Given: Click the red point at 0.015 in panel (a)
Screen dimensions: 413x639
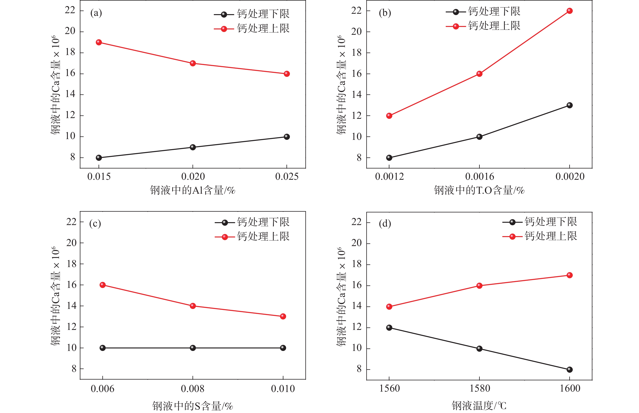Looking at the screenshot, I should (x=99, y=42).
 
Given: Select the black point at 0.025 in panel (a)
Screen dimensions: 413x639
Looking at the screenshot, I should (x=286, y=137).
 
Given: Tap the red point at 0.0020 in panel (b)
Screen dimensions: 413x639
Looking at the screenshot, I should (x=569, y=11).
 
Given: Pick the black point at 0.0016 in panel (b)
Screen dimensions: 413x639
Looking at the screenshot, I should (x=479, y=137).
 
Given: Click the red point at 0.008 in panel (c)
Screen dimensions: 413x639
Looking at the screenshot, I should (x=193, y=306).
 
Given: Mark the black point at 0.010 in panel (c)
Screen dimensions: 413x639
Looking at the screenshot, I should (x=283, y=348).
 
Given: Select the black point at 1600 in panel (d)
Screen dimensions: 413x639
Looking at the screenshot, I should (x=569, y=370).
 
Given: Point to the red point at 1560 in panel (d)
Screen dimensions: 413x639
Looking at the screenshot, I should (x=389, y=307).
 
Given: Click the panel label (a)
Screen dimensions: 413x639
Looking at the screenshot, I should (x=96, y=13).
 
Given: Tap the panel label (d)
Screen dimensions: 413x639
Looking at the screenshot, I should (x=385, y=223).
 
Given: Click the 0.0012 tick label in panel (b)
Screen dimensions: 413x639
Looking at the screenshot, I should (x=389, y=177).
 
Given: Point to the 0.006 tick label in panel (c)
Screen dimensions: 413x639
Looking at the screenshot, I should (x=102, y=389).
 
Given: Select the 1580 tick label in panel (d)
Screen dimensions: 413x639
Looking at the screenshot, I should (x=480, y=388).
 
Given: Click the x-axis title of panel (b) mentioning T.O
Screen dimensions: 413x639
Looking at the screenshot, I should (x=479, y=190).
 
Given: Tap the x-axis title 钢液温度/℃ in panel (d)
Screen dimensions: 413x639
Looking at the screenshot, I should (x=479, y=406).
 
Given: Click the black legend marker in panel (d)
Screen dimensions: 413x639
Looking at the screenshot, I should (x=512, y=222).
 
